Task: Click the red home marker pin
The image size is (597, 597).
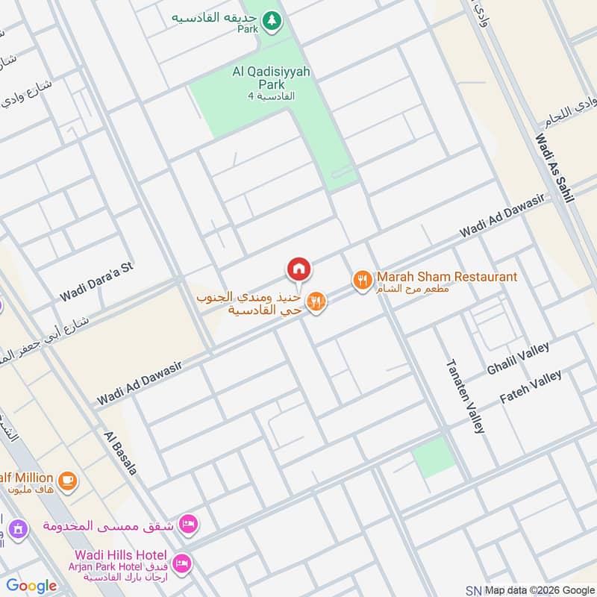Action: pos(298,269)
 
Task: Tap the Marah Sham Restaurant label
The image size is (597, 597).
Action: pos(446,277)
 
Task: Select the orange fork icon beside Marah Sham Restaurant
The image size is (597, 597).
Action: pos(362,281)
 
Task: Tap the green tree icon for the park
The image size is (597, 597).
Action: pos(272,22)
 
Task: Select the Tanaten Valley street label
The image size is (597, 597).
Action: pos(466,396)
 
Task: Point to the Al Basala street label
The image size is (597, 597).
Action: pos(120,453)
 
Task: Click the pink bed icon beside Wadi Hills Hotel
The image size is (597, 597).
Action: pos(181,562)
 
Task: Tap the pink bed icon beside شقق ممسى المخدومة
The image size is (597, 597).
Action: pos(189,525)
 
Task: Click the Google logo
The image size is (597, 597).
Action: pos(31,586)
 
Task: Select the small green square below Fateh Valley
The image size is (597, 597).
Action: pos(434,457)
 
